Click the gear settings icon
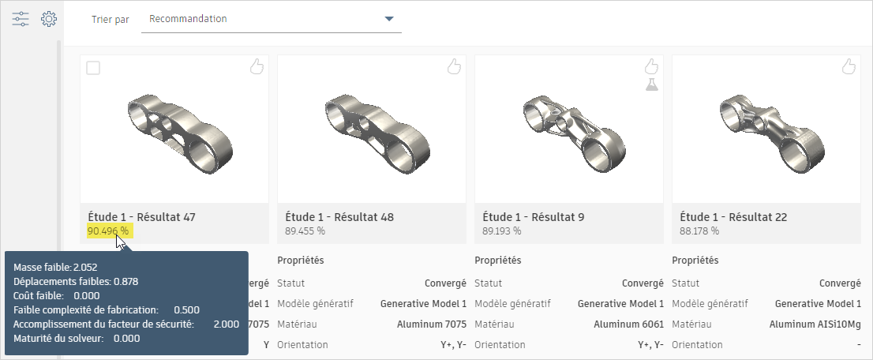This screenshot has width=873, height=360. (49, 19)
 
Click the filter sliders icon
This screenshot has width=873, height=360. (21, 19)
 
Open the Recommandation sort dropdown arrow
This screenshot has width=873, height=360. (389, 19)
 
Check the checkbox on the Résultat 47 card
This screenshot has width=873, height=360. (93, 69)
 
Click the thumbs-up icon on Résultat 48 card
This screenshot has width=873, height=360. (453, 67)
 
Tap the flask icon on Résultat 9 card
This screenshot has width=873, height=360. (651, 84)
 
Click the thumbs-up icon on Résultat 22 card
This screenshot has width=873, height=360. (848, 67)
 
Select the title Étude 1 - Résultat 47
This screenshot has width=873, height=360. (141, 217)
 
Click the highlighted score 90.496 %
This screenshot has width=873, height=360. (108, 231)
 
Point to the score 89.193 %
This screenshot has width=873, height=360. (501, 231)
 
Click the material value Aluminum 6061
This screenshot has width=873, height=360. (628, 324)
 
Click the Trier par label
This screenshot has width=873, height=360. (111, 19)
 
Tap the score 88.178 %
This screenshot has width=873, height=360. (699, 231)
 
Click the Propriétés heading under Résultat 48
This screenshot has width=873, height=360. (301, 261)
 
